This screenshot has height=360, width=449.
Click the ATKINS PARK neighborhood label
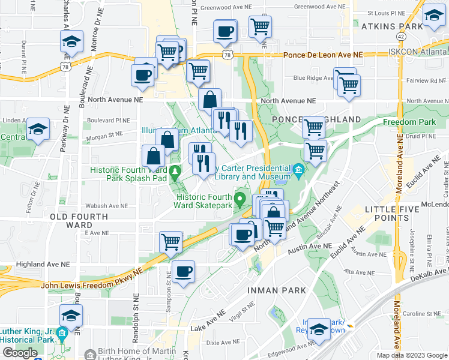coord(384,26)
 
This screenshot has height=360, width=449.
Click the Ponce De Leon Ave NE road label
coord(324,54)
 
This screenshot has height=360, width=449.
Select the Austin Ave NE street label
coord(310,247)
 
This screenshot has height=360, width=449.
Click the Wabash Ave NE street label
coord(88,205)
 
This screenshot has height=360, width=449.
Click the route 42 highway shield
coord(400,37)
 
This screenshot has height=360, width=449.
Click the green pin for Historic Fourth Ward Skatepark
coord(241,199)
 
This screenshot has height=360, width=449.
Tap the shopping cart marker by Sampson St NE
coord(170,242)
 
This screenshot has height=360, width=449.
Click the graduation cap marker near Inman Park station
coord(319,329)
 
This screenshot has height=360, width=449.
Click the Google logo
coord(20,353)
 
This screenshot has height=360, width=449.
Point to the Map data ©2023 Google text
coord(411,355)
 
